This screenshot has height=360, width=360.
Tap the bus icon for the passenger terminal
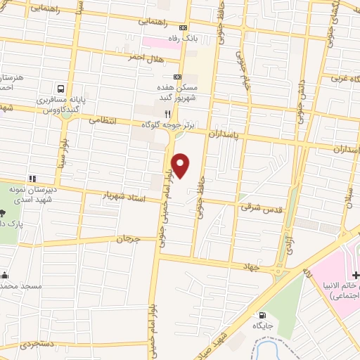(x=61, y=89)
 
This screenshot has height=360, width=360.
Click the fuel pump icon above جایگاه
(x=262, y=316)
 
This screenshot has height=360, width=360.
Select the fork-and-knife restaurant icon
(x=167, y=113)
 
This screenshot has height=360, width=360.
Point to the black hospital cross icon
(x=356, y=275)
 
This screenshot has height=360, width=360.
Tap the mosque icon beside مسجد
(x=6, y=275)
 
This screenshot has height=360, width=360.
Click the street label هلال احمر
(x=146, y=56)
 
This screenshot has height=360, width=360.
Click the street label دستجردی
(x=37, y=345)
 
